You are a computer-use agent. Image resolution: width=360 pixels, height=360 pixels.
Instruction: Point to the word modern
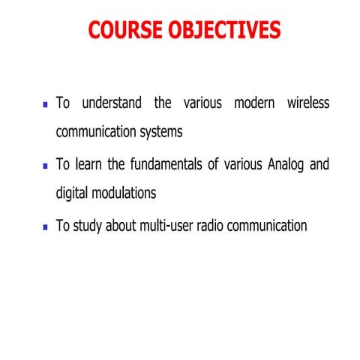click(x=254, y=102)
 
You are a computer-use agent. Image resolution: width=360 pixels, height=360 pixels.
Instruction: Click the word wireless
click(x=307, y=102)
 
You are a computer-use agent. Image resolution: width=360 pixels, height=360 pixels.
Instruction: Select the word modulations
click(x=127, y=193)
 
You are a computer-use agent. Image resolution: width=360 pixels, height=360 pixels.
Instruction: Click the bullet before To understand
click(x=46, y=104)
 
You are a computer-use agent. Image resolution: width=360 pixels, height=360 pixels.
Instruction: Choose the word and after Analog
click(x=319, y=164)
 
